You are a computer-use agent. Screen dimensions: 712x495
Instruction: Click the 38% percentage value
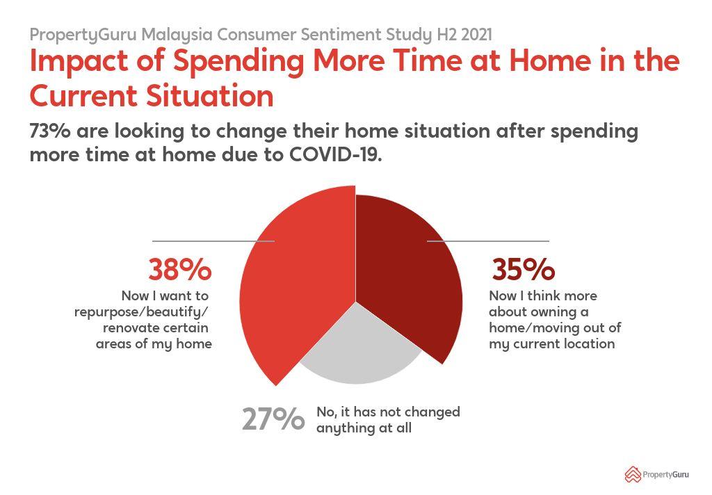180,269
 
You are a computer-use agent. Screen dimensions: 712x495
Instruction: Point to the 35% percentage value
523,269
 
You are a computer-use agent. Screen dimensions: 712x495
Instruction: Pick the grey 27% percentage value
273,419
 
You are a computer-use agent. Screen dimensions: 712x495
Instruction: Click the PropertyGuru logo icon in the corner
633,475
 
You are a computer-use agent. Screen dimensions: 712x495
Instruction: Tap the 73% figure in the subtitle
50,131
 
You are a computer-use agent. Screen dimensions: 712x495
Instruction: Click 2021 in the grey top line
476,35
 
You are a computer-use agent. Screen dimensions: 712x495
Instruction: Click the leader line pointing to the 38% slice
213,241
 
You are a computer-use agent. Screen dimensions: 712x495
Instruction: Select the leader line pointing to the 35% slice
488,241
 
